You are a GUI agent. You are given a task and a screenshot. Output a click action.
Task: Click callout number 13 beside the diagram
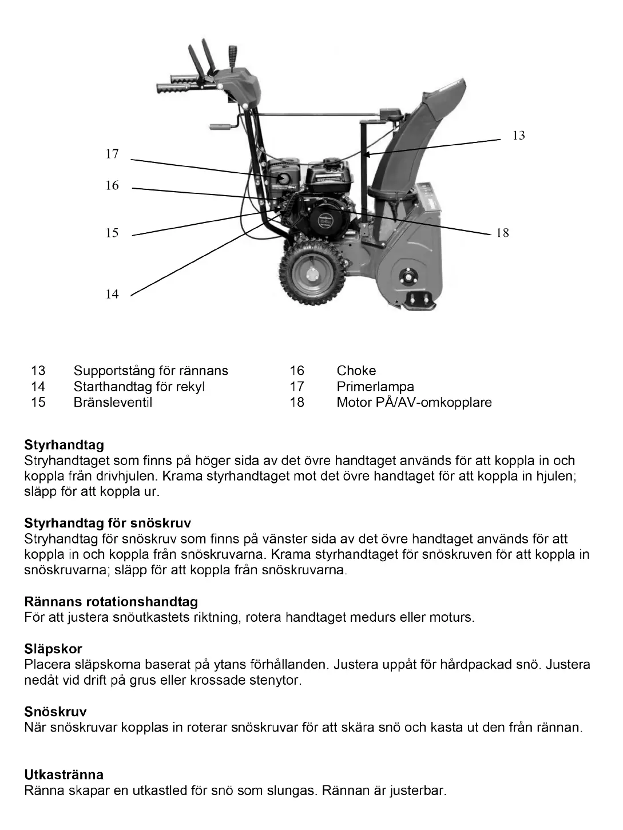(518, 136)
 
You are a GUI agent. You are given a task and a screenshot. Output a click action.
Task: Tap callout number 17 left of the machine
(112, 154)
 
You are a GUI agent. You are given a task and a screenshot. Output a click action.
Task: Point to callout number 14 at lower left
(112, 294)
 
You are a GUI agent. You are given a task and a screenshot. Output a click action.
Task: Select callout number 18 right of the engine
(502, 233)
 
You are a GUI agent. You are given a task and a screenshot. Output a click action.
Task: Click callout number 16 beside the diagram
(112, 185)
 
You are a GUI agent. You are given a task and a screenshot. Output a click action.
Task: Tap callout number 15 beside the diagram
(112, 233)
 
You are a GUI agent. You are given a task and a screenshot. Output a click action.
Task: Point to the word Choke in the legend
(356, 371)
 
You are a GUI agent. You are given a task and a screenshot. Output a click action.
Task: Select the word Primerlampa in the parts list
(375, 387)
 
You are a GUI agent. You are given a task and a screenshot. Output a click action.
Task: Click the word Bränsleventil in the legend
(113, 402)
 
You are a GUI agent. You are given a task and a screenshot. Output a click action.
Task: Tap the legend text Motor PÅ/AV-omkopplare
(414, 402)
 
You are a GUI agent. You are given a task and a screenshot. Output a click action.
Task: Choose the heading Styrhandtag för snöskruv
(108, 523)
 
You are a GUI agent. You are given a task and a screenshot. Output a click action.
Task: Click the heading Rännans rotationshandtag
(111, 602)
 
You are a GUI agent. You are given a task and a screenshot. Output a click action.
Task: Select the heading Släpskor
(53, 649)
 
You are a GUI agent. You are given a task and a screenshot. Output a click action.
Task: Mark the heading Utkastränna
(64, 775)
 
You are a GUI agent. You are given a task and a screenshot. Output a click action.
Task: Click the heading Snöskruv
(55, 712)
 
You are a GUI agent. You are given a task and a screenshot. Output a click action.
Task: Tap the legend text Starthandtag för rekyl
(139, 387)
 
